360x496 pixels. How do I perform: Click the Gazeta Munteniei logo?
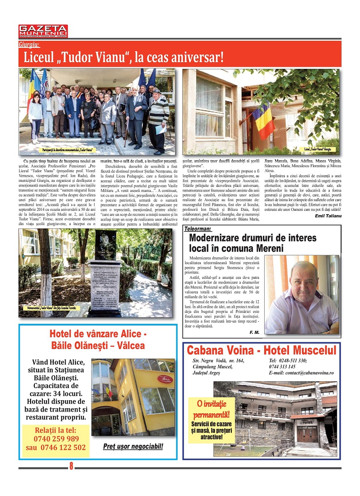point(43,31)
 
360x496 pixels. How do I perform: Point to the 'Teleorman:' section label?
point(198,229)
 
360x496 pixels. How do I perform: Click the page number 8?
point(71,465)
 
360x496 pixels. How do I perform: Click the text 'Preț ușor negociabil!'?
point(133,446)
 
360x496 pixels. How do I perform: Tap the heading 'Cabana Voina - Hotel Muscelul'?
point(261,350)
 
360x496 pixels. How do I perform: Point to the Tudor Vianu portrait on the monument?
point(105,245)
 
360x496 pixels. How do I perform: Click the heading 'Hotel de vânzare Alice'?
point(98,334)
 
